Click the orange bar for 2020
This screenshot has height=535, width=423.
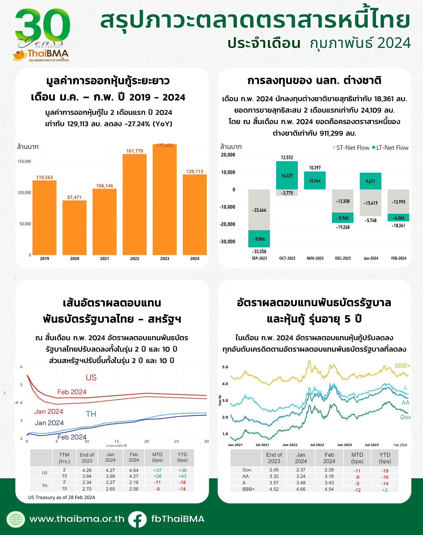pos(74,227)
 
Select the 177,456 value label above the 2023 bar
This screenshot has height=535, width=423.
pos(165,146)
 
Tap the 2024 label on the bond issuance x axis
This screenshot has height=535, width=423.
pos(195,259)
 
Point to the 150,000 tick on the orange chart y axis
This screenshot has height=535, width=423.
pos(24,161)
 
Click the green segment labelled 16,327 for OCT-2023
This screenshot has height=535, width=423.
pos(287,176)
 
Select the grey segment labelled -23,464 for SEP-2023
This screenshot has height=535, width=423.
pos(259,210)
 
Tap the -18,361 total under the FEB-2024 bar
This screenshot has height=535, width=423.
pos(398,226)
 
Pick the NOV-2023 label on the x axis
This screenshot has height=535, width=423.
pos(315,258)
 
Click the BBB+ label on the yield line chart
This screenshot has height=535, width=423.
pos(402,366)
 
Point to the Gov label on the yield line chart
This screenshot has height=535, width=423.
pos(405,417)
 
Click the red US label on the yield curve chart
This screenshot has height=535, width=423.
pos(91,377)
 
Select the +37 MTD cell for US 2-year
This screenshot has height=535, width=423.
pos(157,470)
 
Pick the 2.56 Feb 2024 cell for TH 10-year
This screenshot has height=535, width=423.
pos(134,489)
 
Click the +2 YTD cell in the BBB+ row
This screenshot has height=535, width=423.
pos(385,490)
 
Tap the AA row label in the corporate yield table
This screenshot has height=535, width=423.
pos(246,476)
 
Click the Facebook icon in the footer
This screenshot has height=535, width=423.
pos(137,519)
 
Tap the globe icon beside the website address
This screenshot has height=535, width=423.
pos(16,519)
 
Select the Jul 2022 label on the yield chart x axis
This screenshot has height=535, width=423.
pos(317,445)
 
